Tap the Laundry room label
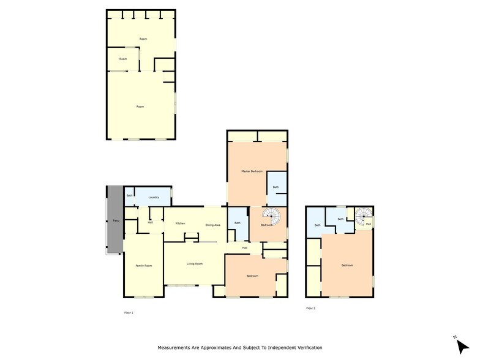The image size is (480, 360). click(x=154, y=197)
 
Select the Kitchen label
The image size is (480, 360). click(x=180, y=223)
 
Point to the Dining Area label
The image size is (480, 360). click(x=213, y=225)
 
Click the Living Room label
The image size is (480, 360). click(x=195, y=264)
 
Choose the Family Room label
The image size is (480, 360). click(x=143, y=266)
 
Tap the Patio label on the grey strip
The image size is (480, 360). click(x=116, y=221)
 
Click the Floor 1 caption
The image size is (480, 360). click(x=128, y=312)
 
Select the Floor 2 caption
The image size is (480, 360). click(x=310, y=308)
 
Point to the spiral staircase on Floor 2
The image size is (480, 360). click(x=363, y=216)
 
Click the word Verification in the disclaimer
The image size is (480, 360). click(x=308, y=347)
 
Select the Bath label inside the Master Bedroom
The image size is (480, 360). click(x=276, y=187)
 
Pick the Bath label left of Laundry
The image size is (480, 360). click(x=129, y=196)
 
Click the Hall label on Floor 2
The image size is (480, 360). click(x=368, y=224)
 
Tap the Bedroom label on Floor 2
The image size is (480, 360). click(x=347, y=265)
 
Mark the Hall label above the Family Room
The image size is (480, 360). click(x=151, y=222)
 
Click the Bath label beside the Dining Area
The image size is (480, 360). click(x=238, y=223)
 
